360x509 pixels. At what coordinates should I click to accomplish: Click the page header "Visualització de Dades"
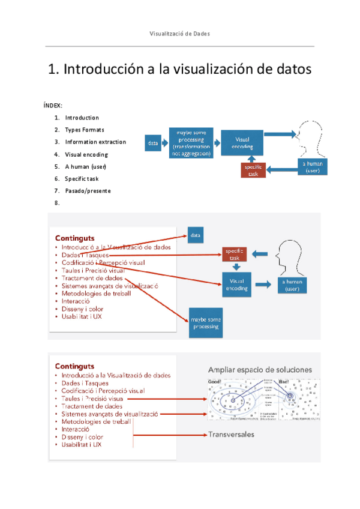tap(179, 34)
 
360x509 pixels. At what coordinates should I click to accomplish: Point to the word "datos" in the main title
tap(291, 70)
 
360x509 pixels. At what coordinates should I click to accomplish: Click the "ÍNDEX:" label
tap(53, 105)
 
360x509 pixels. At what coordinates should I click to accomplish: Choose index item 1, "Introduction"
tap(82, 118)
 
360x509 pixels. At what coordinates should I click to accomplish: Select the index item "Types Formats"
tap(85, 130)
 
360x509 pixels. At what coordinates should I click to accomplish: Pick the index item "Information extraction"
tap(95, 142)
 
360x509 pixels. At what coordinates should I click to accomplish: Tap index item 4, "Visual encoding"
tap(86, 154)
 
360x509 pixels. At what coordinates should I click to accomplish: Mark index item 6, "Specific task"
tap(82, 179)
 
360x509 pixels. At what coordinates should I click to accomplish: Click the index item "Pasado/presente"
tap(88, 191)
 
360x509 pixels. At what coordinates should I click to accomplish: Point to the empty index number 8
tap(57, 203)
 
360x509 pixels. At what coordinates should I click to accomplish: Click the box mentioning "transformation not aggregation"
tap(191, 143)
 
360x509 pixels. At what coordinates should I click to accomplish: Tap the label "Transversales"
tap(230, 434)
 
